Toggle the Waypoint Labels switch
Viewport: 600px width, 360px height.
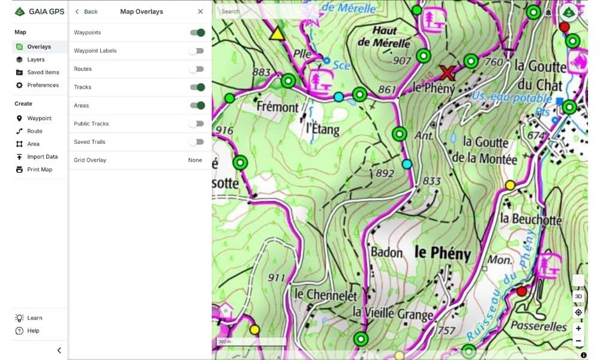(196, 51)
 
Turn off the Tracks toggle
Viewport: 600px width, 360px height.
(197, 87)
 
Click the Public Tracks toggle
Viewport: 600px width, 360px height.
(196, 124)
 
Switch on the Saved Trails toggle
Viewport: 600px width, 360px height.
(196, 142)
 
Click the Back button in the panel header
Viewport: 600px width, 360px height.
(86, 11)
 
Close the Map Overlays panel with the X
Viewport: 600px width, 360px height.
(200, 11)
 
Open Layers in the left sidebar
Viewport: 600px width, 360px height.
(35, 59)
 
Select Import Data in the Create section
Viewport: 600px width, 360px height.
(42, 157)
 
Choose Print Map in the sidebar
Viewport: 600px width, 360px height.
(39, 170)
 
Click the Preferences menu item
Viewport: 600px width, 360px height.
(43, 85)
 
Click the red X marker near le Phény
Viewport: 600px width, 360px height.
(446, 73)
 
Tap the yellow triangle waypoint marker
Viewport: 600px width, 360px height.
(277, 34)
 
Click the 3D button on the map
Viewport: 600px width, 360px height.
(578, 296)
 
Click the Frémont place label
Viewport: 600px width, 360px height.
(277, 107)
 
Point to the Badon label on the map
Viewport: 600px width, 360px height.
(386, 252)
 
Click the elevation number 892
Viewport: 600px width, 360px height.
(384, 174)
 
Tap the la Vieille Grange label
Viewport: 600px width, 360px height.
(392, 313)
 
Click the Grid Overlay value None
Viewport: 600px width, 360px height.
(195, 160)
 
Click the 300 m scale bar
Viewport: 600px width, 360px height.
(251, 343)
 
